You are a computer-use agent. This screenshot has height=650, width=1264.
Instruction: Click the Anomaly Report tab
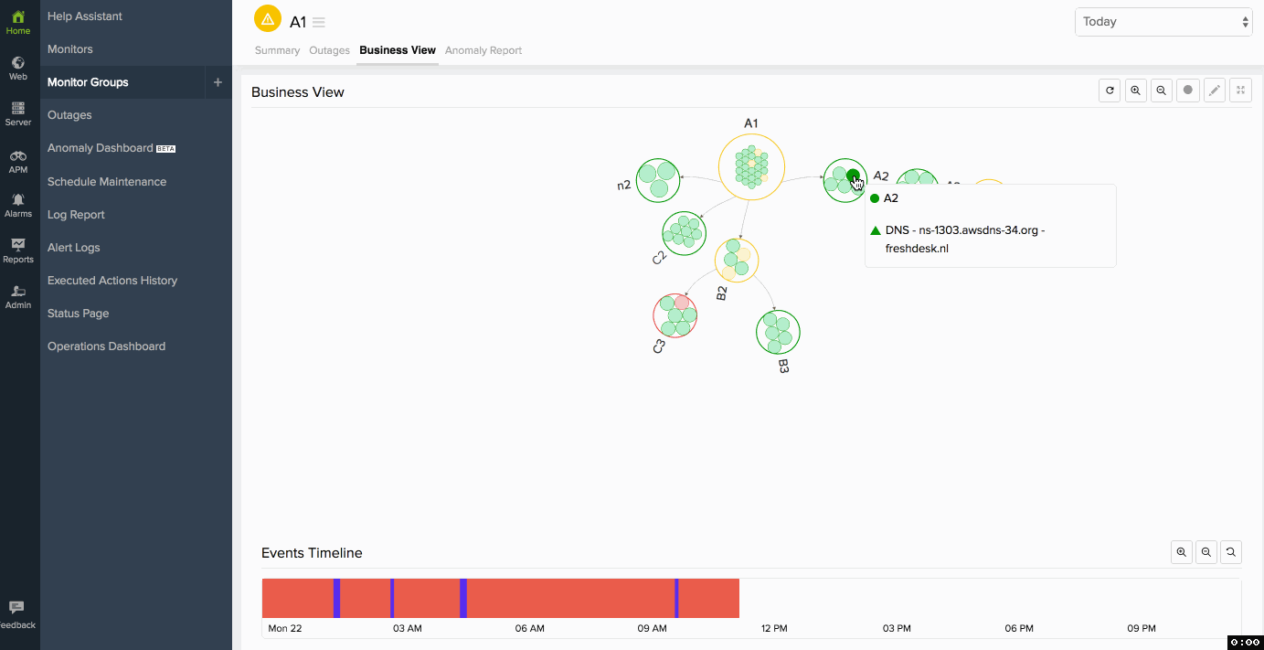point(483,50)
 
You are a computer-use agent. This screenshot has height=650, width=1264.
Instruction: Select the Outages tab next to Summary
point(329,50)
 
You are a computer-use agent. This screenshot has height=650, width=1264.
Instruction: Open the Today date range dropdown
point(1163,22)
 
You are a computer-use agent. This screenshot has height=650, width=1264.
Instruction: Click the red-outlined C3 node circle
point(674,315)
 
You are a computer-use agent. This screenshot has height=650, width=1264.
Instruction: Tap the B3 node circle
point(778,332)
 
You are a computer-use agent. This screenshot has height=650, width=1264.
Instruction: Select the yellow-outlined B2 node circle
point(737,261)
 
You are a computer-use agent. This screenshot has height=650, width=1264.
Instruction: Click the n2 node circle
point(658,180)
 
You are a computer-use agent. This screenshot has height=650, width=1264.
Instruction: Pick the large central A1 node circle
point(751,167)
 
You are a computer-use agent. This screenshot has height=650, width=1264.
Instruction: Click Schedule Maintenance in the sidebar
point(107,182)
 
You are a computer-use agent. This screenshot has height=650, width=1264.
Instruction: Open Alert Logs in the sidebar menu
point(74,248)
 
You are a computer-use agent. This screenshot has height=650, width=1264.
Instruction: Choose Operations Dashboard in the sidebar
point(106,346)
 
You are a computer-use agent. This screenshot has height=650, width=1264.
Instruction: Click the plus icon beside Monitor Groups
point(218,82)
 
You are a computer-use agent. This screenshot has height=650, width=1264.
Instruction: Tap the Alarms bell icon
point(18,199)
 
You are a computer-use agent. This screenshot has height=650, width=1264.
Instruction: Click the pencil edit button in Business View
point(1214,90)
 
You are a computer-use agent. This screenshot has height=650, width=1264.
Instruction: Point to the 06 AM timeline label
point(530,628)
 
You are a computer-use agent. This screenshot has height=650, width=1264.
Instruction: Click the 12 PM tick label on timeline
point(774,628)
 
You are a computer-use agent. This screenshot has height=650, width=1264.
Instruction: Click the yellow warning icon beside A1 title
point(268,19)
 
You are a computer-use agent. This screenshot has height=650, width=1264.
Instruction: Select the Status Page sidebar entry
point(79,314)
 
